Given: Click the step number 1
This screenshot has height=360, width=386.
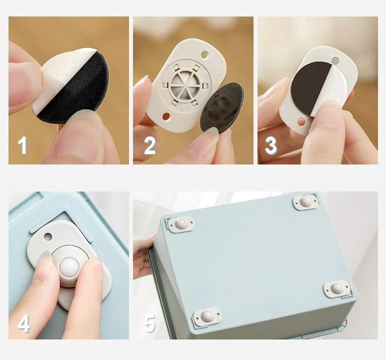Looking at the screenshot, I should point(22,145).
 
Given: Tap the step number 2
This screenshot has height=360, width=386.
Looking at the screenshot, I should point(149,145).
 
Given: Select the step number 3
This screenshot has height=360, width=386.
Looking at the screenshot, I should point(270,145).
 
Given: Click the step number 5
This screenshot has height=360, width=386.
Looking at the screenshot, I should point(149,323).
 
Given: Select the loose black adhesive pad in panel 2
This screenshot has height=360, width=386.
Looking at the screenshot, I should point(222,108).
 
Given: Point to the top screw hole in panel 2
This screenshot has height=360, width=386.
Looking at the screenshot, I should point(204,53).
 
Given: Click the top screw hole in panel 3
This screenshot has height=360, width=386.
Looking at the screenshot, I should point(335,60).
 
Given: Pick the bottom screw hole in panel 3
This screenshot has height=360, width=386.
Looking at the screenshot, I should point(301,122).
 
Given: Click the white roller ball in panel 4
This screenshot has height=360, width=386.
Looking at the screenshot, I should point(68,267).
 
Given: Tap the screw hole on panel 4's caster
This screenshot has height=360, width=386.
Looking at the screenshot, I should point(48,236).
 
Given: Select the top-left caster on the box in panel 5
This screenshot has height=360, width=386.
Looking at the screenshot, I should point(180,224).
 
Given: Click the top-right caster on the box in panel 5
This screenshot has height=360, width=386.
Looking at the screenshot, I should point(305,201).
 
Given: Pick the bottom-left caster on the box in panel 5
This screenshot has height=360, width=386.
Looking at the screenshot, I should point(206,316).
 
